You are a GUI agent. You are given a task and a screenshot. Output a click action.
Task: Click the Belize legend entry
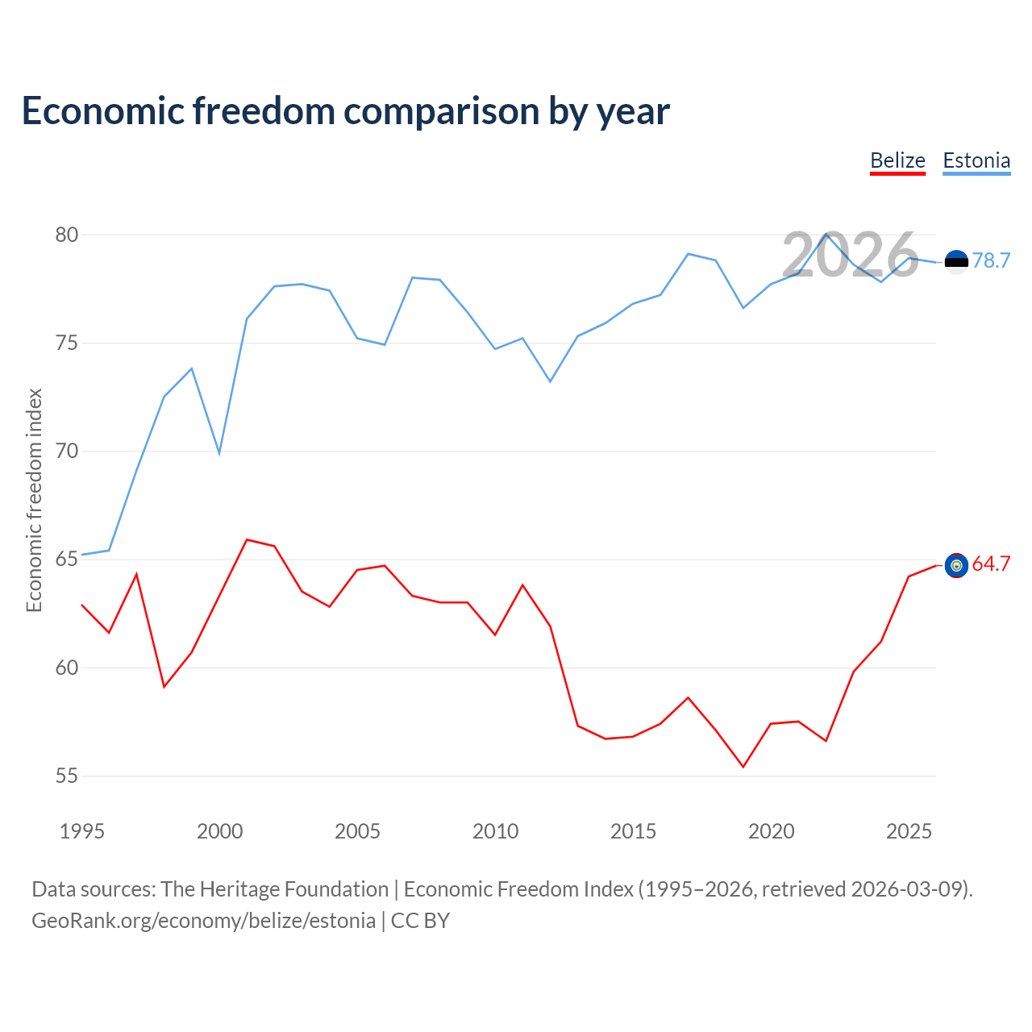897,160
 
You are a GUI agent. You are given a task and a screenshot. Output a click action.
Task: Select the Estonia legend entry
976,160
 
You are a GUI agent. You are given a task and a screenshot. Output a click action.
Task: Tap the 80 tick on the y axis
67,235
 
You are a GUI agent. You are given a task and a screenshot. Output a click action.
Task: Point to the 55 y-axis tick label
67,776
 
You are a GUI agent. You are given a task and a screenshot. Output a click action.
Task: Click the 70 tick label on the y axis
67,451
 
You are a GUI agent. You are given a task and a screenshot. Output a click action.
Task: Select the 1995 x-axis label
82,831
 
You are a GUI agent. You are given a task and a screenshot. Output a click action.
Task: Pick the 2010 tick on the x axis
495,831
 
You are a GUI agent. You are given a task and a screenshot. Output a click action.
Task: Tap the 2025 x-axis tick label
909,831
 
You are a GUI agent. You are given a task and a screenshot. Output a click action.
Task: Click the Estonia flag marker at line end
956,262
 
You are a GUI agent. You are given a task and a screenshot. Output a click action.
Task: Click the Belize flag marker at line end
956,566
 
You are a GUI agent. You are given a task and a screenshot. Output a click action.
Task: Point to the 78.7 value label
991,260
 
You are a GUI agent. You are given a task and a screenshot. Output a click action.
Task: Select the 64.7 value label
991,564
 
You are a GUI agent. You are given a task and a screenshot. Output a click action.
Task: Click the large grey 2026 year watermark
850,255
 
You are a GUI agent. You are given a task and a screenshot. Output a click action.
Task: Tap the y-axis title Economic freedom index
34,500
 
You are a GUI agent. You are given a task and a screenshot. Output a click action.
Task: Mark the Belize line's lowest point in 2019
743,767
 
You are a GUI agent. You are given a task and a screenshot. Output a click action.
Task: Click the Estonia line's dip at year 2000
219,454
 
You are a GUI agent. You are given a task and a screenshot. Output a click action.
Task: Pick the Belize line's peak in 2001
247,539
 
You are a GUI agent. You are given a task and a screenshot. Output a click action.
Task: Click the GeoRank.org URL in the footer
203,921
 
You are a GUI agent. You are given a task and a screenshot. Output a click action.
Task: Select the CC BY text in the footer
420,921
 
